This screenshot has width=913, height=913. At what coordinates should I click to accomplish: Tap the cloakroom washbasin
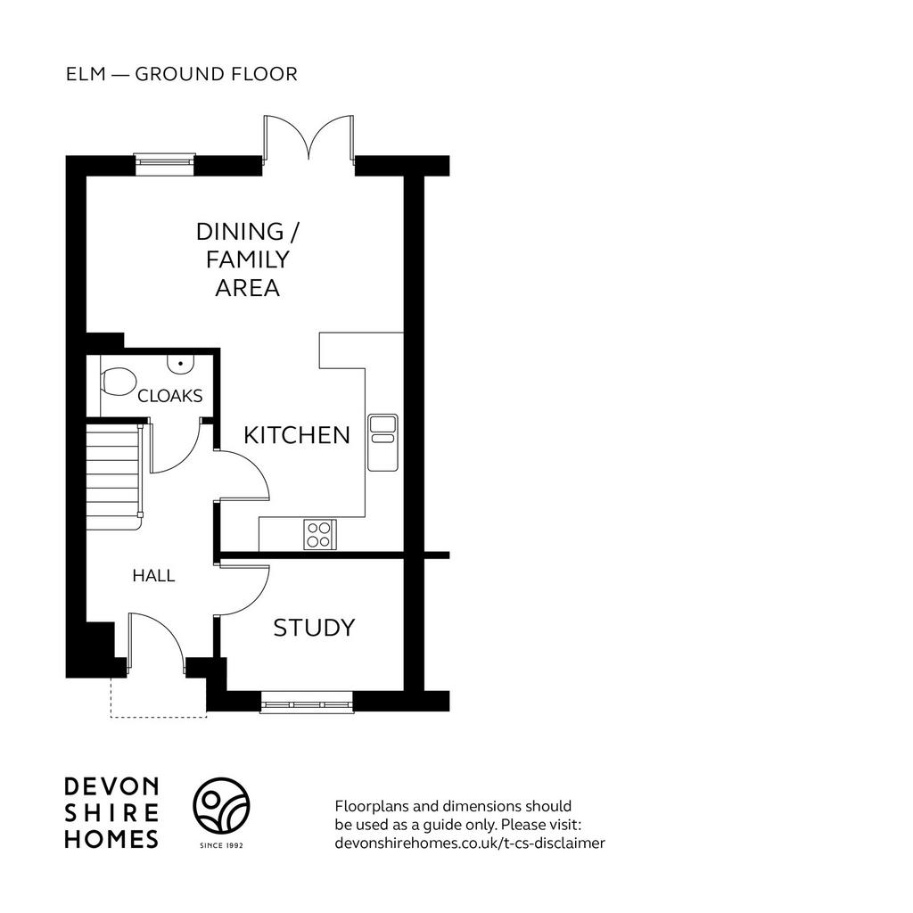180,364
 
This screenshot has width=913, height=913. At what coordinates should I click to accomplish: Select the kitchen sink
383,442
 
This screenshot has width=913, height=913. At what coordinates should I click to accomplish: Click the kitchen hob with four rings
320,535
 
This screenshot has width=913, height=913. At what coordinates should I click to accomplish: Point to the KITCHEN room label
297,435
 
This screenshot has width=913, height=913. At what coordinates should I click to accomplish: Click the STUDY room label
315,628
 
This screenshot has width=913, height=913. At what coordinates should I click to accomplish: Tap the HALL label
153,576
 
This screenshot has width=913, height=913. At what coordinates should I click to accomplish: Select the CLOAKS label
170,396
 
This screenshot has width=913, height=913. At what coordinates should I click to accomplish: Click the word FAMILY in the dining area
248,259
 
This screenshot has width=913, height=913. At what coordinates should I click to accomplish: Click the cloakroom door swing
176,448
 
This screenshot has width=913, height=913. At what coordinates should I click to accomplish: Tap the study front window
307,703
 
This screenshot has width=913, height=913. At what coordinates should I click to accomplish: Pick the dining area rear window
164,164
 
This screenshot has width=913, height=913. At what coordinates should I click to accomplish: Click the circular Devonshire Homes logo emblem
221,805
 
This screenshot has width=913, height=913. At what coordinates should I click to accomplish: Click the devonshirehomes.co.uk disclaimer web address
470,843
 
